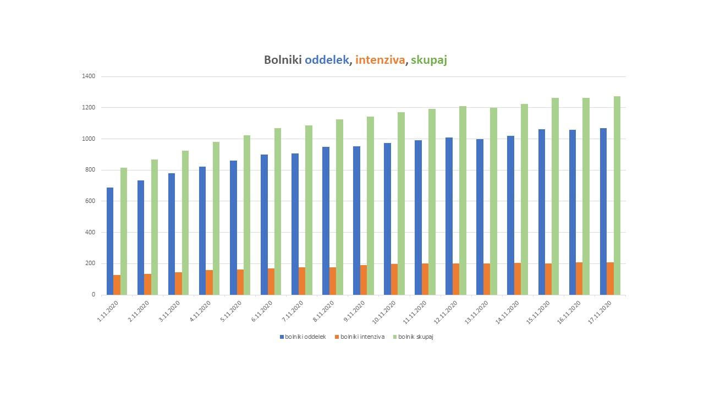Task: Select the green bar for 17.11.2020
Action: (617, 195)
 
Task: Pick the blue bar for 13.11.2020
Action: (480, 217)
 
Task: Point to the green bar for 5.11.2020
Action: (247, 215)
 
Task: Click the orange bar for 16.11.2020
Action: (579, 278)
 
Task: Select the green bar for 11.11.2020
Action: (432, 201)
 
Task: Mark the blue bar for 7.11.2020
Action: (295, 224)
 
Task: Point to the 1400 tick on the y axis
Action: (90, 76)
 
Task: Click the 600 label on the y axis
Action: (90, 201)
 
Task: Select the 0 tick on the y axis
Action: (93, 295)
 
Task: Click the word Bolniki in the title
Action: (283, 60)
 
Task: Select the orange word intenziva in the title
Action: (380, 60)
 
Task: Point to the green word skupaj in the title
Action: (428, 60)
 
